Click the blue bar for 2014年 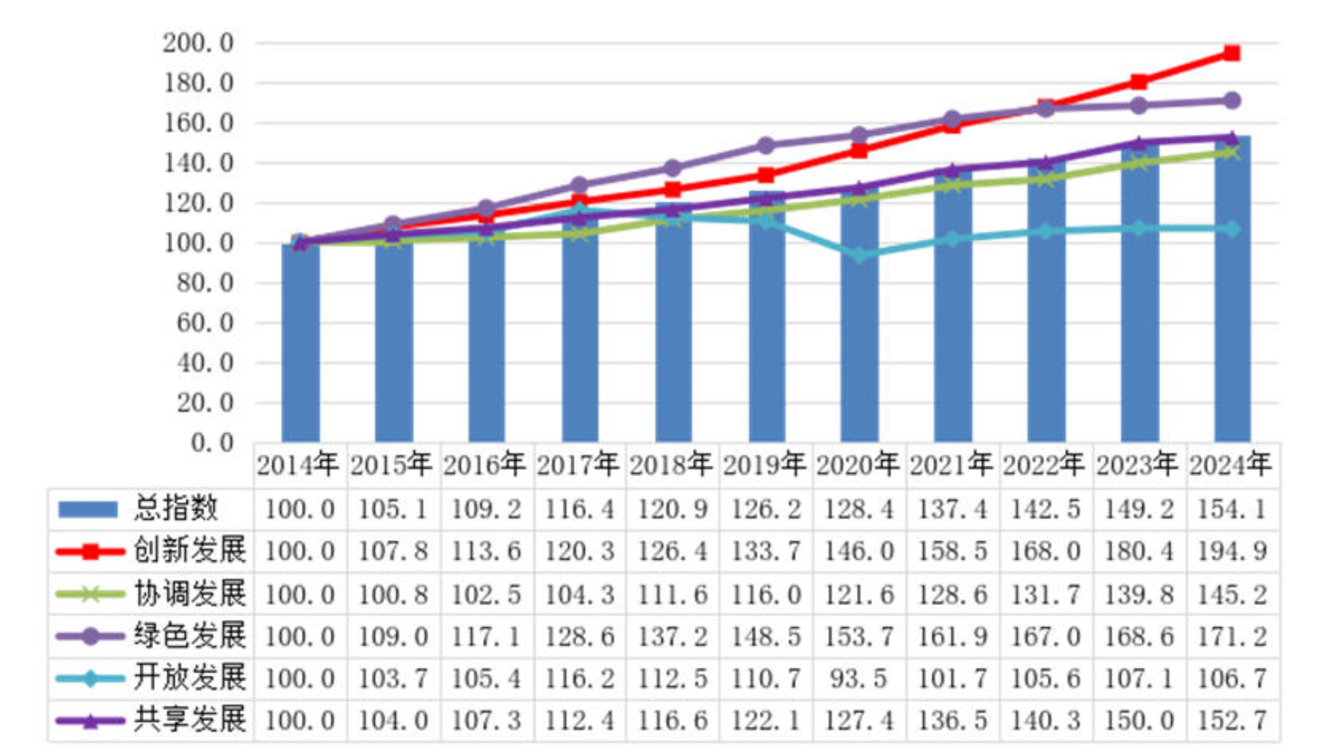pyautogui.click(x=300, y=346)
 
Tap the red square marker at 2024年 pyautogui.click(x=1232, y=54)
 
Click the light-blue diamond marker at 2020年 pyautogui.click(x=859, y=255)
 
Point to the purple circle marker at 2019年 pyautogui.click(x=766, y=146)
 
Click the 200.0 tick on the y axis pyautogui.click(x=198, y=43)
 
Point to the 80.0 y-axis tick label pyautogui.click(x=204, y=283)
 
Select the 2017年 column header pyautogui.click(x=578, y=465)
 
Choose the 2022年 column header pyautogui.click(x=1045, y=465)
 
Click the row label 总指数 pyautogui.click(x=176, y=509)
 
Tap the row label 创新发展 pyautogui.click(x=190, y=551)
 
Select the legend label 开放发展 pyautogui.click(x=190, y=678)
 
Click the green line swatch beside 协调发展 pyautogui.click(x=90, y=594)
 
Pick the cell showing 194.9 pyautogui.click(x=1232, y=551)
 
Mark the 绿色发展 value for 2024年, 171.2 pyautogui.click(x=1232, y=636)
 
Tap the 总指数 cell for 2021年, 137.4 pyautogui.click(x=952, y=509)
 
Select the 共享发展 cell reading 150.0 pyautogui.click(x=1138, y=721)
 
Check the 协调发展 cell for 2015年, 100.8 pyautogui.click(x=393, y=594)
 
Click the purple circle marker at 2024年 pyautogui.click(x=1232, y=101)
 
